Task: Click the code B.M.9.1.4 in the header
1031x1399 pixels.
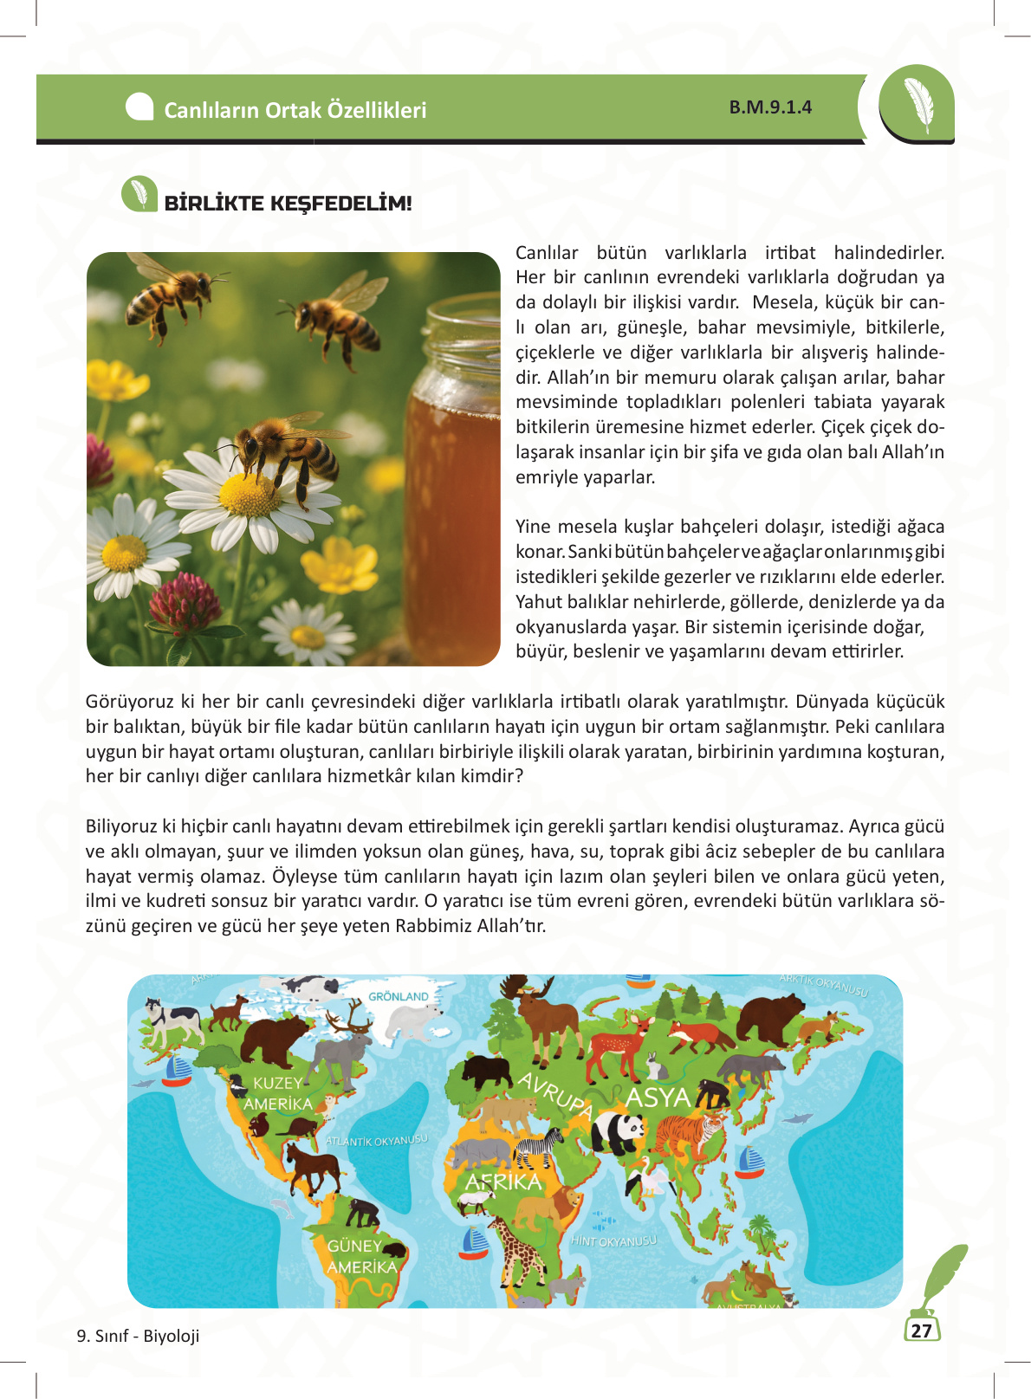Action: click(x=770, y=107)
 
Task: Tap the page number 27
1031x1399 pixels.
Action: click(x=922, y=1331)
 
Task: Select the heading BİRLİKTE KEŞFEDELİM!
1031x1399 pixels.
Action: click(x=288, y=204)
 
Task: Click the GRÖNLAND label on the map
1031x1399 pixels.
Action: click(x=399, y=996)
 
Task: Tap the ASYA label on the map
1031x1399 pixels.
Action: click(x=658, y=1098)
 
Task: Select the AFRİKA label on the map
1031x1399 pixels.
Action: click(x=503, y=1182)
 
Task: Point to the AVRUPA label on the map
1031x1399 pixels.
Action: click(x=554, y=1095)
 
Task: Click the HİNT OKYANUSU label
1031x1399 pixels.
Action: click(x=613, y=1241)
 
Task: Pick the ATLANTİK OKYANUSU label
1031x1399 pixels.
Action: click(x=377, y=1140)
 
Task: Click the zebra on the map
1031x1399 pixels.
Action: click(x=539, y=1148)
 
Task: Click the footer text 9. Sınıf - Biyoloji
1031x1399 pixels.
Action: click(x=138, y=1336)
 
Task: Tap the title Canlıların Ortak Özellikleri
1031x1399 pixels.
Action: click(x=295, y=110)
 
